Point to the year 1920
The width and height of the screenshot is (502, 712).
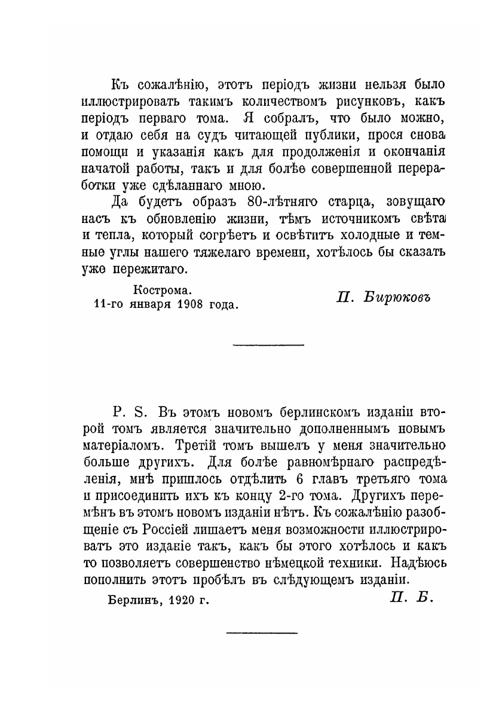tap(184, 598)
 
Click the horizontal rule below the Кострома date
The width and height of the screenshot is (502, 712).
tap(268, 344)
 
